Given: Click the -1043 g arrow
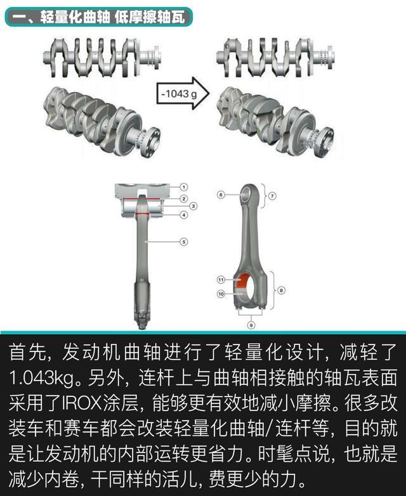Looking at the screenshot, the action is [x=183, y=94].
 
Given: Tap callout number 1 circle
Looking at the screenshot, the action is [x=184, y=187].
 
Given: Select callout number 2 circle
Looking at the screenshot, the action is [x=184, y=199].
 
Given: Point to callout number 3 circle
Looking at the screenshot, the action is [x=193, y=206].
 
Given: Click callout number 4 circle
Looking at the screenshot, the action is [x=184, y=215].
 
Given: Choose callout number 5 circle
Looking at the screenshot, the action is [x=184, y=242].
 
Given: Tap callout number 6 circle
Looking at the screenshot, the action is [x=221, y=195].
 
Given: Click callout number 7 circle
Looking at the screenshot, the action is [x=272, y=196].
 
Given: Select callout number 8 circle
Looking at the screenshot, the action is [x=281, y=290].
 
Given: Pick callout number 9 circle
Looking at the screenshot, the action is [x=251, y=325].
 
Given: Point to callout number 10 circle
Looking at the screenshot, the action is [x=221, y=294].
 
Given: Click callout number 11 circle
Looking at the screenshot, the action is [x=221, y=280].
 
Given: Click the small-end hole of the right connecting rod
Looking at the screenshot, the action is [x=247, y=193].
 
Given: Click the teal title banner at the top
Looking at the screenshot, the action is [x=99, y=16].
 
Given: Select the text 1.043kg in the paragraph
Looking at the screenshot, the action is [x=42, y=379].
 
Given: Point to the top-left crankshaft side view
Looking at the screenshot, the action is [x=102, y=58].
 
